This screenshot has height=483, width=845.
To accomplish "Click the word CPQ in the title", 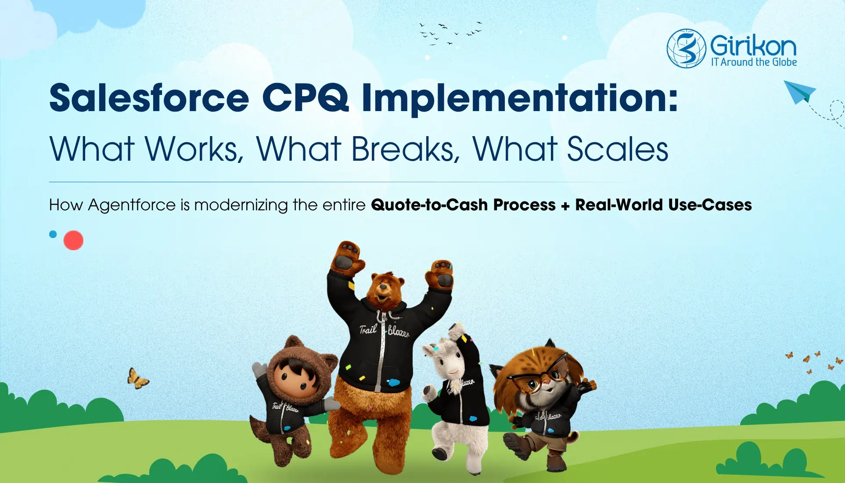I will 305,98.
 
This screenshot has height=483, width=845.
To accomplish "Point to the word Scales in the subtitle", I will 617,149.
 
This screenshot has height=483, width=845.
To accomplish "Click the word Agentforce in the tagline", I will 132,205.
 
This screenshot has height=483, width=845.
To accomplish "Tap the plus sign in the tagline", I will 565,205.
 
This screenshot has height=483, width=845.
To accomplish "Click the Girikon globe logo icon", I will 686,48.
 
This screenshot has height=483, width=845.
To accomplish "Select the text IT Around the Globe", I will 754,62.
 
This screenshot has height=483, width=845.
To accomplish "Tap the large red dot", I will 73,240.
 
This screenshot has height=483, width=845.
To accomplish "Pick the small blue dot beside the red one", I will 53,234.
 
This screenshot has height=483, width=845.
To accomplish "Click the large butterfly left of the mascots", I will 138,378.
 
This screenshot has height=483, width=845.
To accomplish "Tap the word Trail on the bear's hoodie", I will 368,329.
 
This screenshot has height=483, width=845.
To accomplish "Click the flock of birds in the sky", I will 448,33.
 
